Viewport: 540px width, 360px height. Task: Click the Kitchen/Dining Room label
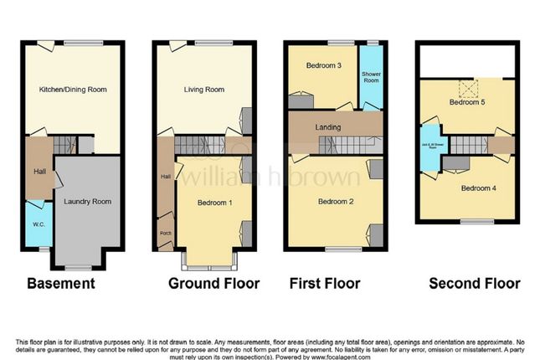point(73,89)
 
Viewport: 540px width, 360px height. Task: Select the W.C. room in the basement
point(37,224)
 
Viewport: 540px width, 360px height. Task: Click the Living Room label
point(203,89)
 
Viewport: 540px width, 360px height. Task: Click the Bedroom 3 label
point(321,65)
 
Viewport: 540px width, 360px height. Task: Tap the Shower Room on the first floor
point(370,77)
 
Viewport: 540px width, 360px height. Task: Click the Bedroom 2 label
point(333,201)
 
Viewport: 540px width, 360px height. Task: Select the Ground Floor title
point(213,283)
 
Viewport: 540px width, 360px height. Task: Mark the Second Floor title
point(474,283)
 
